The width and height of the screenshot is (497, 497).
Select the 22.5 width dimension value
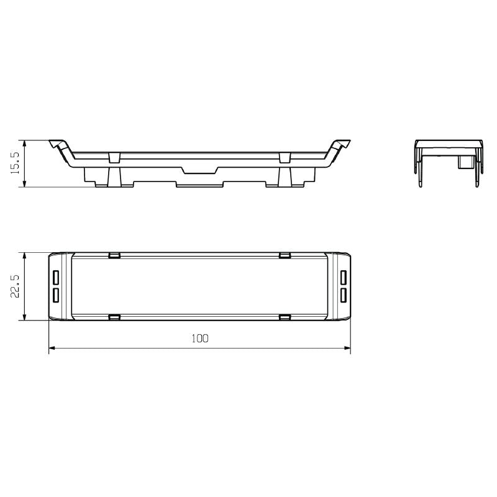coord(16,286)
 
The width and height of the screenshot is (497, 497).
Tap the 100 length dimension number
coord(199,339)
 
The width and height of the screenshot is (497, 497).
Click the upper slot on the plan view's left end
coord(56,276)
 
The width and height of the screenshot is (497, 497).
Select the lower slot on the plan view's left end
coord(56,294)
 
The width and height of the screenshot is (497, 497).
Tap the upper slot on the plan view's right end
coord(343,276)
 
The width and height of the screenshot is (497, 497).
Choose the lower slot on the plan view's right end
coord(343,294)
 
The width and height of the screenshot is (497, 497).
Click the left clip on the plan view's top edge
coord(114,255)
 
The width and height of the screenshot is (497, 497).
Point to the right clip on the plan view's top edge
coord(285,255)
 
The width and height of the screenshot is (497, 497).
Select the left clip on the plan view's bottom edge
coord(114,317)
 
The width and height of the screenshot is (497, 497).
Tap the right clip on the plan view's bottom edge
coord(285,317)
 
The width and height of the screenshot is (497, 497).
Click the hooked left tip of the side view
coord(57,144)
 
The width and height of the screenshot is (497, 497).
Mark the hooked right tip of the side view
coord(342,144)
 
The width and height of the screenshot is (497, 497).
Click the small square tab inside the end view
coord(464,162)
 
